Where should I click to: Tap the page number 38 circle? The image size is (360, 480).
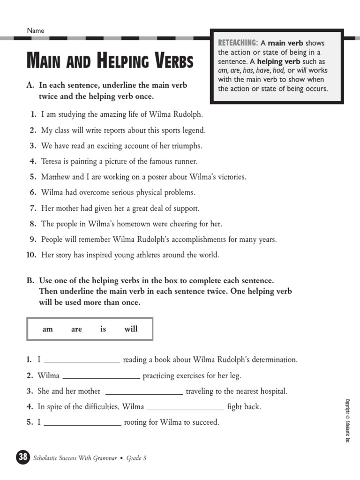[23, 457]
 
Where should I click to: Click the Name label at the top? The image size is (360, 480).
[36, 30]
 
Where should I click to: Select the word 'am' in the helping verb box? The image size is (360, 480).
[48, 329]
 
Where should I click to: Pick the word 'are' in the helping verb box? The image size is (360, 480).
[76, 329]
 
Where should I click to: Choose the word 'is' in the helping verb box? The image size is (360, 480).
[103, 329]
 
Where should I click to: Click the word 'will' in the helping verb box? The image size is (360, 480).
[131, 329]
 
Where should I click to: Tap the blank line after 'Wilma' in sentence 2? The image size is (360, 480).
[101, 376]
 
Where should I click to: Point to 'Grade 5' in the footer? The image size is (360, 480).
[137, 458]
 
